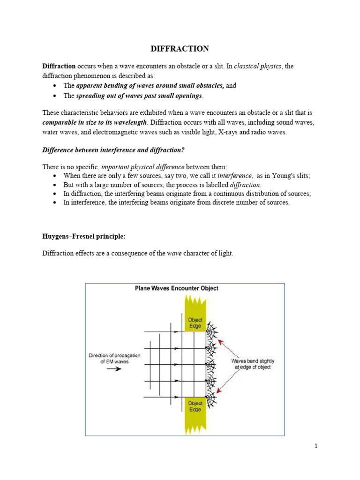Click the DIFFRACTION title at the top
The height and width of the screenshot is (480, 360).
(180, 49)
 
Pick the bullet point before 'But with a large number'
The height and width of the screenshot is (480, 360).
(56, 185)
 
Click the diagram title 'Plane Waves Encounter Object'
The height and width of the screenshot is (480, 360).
(177, 288)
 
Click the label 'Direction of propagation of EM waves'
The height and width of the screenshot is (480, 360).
(114, 359)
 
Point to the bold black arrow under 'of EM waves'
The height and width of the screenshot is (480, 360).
(113, 369)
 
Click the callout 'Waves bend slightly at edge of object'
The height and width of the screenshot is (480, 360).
(253, 364)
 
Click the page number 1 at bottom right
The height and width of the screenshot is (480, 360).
(316, 446)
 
